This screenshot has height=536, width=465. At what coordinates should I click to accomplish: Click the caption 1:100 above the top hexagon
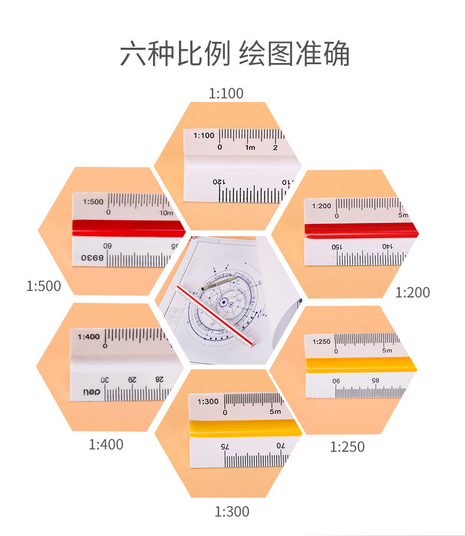point(226,93)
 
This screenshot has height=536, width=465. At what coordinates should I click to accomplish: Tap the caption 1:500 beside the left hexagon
point(44,286)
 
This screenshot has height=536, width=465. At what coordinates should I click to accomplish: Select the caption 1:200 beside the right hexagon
point(413,292)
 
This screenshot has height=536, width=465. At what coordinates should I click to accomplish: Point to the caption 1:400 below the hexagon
point(106,445)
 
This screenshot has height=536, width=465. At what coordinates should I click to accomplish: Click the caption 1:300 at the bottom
point(232,512)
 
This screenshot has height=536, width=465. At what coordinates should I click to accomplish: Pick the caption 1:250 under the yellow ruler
point(347,447)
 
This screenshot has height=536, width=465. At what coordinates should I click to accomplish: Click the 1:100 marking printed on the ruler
point(204,135)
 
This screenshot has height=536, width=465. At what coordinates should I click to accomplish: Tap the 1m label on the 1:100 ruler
point(250,147)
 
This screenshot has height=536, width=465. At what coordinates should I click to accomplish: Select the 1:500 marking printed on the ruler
point(93,201)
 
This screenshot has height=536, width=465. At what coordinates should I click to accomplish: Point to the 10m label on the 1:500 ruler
point(166,212)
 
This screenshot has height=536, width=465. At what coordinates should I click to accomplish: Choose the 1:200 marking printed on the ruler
point(321,206)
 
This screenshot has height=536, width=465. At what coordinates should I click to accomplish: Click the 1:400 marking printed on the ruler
point(88,337)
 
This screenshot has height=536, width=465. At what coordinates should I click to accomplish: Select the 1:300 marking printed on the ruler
point(208,402)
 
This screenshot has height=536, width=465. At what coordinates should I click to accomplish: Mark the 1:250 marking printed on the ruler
point(321,342)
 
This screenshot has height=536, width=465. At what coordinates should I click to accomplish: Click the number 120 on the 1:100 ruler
point(218,182)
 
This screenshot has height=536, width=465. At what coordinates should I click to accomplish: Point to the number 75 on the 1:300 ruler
point(225,446)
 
